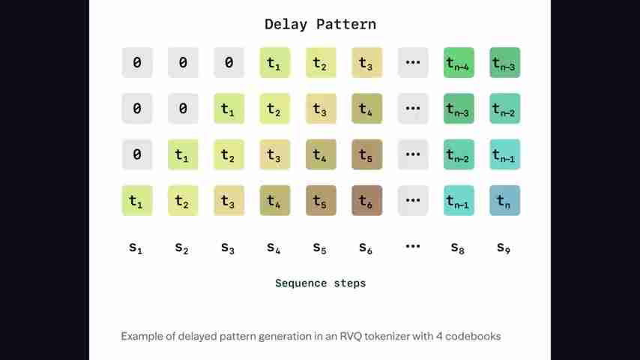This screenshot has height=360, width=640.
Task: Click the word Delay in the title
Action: pyautogui.click(x=286, y=25)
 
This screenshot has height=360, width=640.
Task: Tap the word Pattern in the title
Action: pyautogui.click(x=346, y=25)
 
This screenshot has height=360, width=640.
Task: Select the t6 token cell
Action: pyautogui.click(x=367, y=201)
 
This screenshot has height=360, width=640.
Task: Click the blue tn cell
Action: pyautogui.click(x=505, y=201)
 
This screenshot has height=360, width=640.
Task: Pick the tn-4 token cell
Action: pyautogui.click(x=459, y=62)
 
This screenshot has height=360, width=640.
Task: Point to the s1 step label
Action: pyautogui.click(x=136, y=247)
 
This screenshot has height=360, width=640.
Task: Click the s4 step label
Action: pyautogui.click(x=274, y=247)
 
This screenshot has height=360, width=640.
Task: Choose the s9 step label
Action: pyautogui.click(x=504, y=247)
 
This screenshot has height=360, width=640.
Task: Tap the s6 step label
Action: pyautogui.click(x=366, y=247)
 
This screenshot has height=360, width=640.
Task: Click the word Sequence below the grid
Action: pyautogui.click(x=301, y=283)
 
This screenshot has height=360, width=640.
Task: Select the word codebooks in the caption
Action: pyautogui.click(x=473, y=336)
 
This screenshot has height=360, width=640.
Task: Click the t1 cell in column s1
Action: pyautogui.click(x=137, y=201)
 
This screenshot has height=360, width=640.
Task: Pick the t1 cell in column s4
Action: pyautogui.click(x=275, y=62)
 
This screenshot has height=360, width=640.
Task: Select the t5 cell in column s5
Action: pyautogui.click(x=321, y=201)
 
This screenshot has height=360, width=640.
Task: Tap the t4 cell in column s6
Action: pyautogui.click(x=367, y=109)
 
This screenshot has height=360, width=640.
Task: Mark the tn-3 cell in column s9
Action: pyautogui.click(x=505, y=62)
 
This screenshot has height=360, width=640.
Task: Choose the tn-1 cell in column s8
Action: pyautogui.click(x=459, y=201)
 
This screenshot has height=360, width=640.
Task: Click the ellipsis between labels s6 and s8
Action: pyautogui.click(x=413, y=246)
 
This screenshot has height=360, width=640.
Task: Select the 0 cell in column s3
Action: pyautogui.click(x=229, y=62)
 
